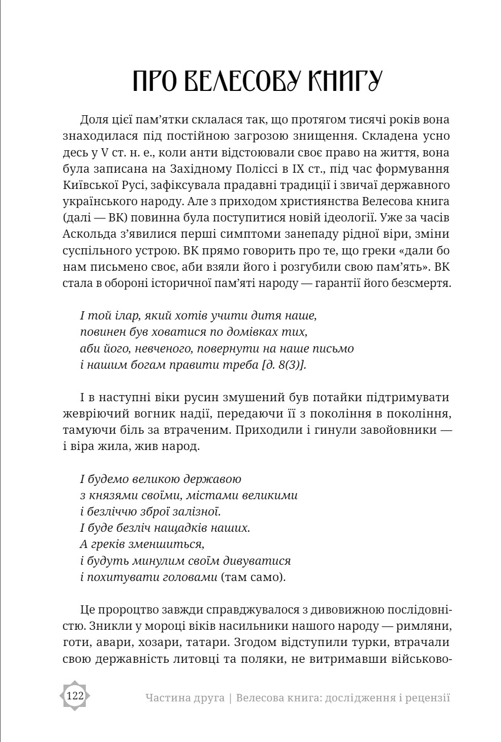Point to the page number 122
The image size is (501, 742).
pos(75,696)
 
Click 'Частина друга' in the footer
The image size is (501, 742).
pos(185,698)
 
